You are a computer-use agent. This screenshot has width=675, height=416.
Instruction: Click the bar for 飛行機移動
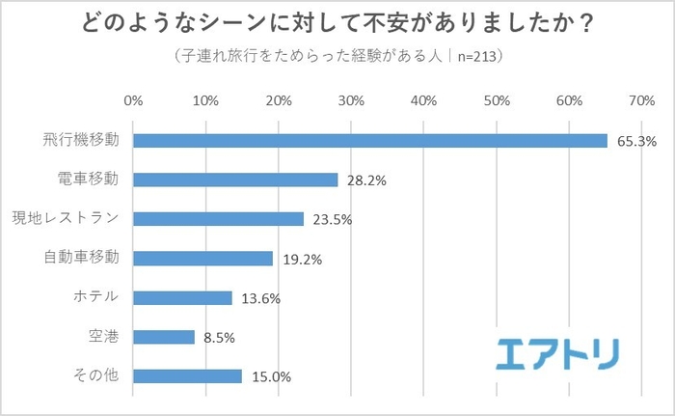click(x=370, y=141)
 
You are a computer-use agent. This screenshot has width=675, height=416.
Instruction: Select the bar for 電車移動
click(x=235, y=180)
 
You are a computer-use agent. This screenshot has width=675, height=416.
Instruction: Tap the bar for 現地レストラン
click(x=219, y=219)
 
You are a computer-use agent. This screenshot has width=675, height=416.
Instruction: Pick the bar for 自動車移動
click(x=202, y=259)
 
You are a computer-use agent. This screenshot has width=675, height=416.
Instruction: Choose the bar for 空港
click(x=164, y=337)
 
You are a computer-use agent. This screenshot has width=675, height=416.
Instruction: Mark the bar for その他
click(x=187, y=376)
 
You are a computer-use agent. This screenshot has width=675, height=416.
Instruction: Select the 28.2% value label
click(x=364, y=180)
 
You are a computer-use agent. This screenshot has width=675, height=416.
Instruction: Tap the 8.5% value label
click(x=218, y=338)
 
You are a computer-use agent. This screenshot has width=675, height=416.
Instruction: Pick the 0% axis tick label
click(x=133, y=100)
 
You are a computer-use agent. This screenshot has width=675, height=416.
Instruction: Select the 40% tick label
click(x=423, y=100)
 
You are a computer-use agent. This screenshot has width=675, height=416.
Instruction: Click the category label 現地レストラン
click(x=65, y=218)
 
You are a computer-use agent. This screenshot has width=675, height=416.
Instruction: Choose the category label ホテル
click(x=95, y=297)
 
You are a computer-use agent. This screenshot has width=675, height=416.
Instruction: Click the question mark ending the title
click(x=583, y=21)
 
